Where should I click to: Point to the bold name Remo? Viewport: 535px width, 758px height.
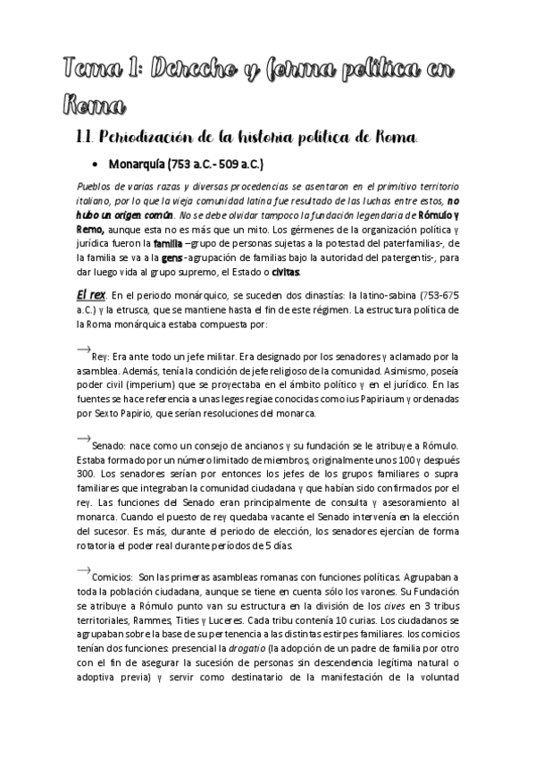pos(91,230)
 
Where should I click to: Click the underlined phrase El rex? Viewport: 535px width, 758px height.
pos(91,296)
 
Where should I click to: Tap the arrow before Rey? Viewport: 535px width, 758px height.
pos(84,347)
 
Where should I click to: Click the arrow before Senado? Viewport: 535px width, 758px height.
pos(84,437)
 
